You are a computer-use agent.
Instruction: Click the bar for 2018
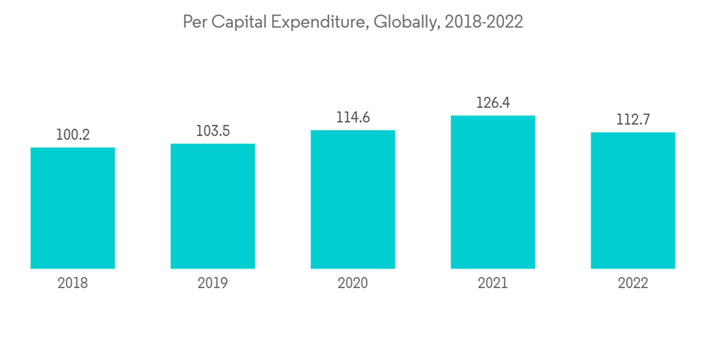73,208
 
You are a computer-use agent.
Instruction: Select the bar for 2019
213,206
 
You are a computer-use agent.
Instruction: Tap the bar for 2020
353,199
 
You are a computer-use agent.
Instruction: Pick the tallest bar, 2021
493,191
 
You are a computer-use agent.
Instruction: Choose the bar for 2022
633,200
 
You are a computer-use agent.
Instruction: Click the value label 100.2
73,134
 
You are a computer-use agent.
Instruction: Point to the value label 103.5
213,131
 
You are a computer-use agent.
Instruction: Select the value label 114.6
353,118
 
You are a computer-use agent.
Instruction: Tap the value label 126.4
493,103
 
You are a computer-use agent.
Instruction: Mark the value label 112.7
633,119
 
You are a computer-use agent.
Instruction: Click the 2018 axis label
73,284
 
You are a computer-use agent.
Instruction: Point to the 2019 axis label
213,284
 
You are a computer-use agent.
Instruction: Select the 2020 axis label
353,284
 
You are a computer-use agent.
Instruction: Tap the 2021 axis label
493,284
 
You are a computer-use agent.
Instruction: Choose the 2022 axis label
633,284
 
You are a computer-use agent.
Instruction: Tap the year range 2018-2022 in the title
483,23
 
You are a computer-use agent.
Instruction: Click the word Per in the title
193,23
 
